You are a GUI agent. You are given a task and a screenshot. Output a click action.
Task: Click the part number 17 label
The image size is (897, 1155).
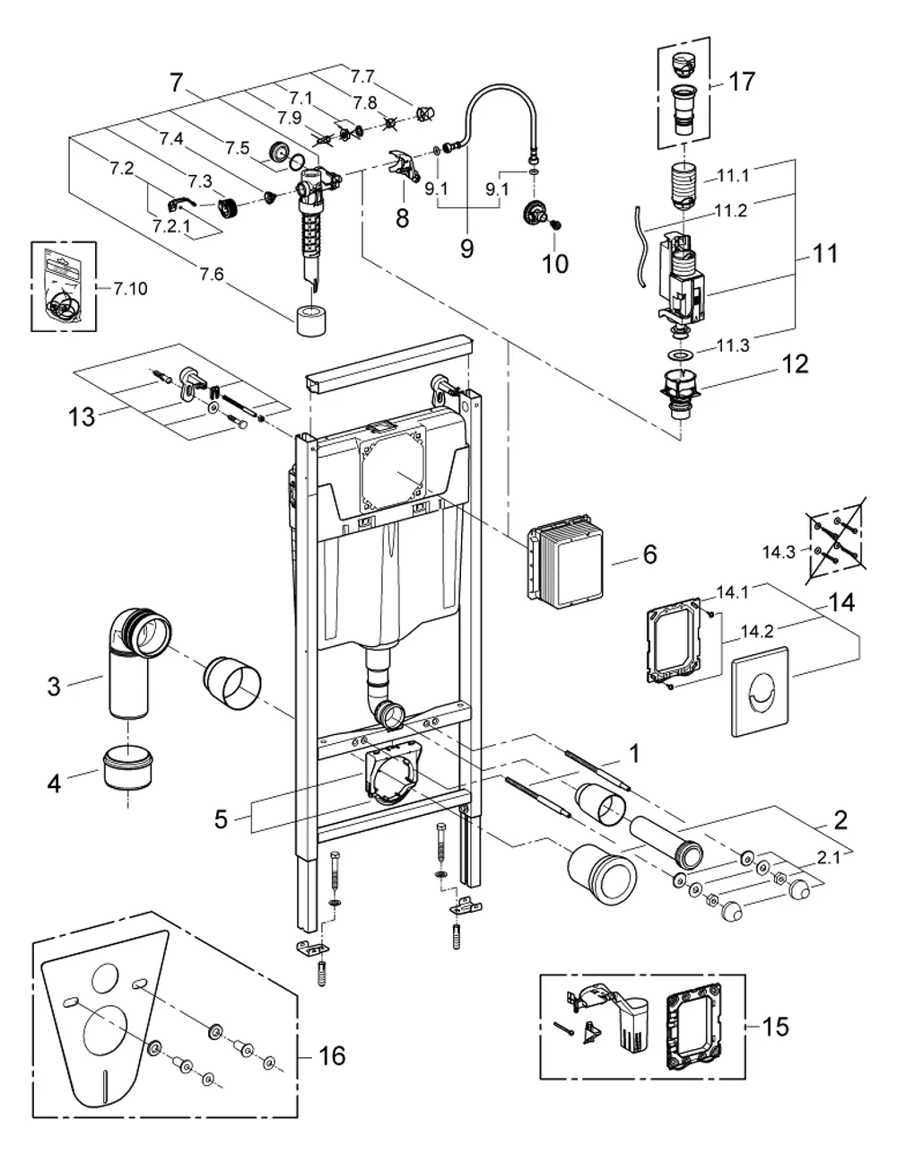[742, 82]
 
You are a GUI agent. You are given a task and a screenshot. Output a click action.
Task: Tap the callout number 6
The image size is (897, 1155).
[649, 555]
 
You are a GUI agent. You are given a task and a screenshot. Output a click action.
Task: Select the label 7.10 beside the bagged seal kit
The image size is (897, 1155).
[130, 289]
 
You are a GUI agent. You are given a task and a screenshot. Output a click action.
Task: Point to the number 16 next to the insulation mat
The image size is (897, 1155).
[331, 1055]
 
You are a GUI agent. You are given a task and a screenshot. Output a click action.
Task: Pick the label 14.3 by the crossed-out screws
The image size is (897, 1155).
[779, 552]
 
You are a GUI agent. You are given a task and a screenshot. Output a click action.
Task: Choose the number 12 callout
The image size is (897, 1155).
[795, 363]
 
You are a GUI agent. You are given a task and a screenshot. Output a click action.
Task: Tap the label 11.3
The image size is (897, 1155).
[733, 346]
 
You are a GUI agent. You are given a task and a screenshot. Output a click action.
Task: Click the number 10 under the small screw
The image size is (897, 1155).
[555, 264]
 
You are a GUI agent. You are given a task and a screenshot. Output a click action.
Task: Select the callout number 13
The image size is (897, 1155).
[82, 416]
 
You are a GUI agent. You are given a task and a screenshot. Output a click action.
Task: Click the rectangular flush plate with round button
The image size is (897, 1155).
[760, 692]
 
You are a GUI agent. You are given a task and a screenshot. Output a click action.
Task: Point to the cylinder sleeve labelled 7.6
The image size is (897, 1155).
[311, 320]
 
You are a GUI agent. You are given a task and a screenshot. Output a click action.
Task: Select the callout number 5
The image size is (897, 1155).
[221, 819]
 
